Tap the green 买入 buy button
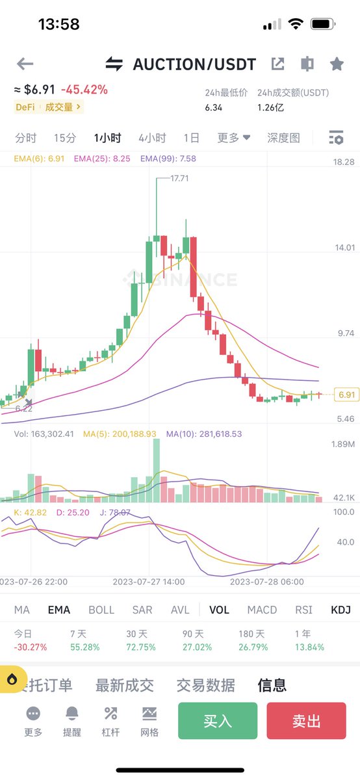217,721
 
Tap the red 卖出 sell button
306,721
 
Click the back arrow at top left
25,64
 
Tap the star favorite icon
337,64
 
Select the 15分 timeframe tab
65,138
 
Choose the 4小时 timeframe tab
152,138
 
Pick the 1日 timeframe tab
192,138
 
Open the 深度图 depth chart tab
284,138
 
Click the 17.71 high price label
179,178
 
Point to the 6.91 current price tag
346,395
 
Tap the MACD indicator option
262,610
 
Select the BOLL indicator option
101,610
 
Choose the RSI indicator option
303,610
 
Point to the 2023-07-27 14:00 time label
149,582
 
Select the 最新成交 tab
125,684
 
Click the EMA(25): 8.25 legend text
102,158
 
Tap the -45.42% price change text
84,90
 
